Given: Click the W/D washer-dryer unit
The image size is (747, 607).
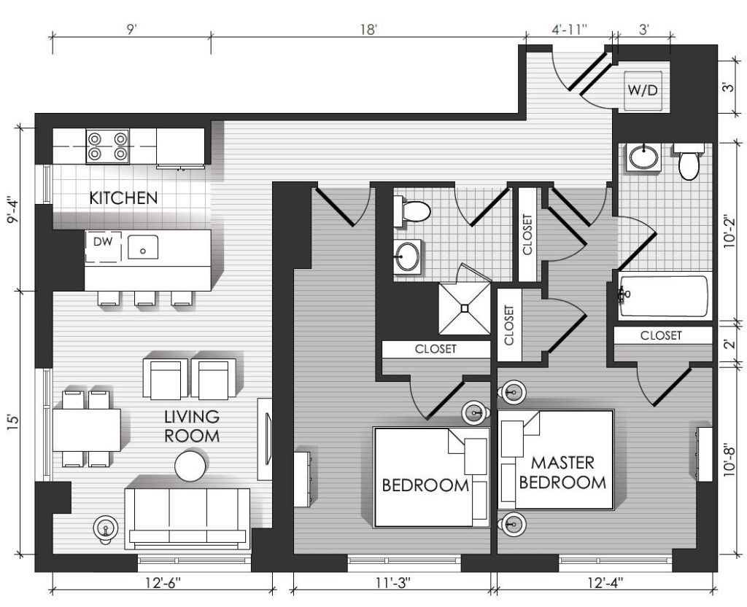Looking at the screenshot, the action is click(643, 91).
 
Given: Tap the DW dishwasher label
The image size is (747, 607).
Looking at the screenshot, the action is click(103, 242).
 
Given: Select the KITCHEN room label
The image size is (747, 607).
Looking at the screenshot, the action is click(123, 198).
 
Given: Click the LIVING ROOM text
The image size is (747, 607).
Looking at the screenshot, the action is click(192, 426).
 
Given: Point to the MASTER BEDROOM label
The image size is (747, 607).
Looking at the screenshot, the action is click(562, 472).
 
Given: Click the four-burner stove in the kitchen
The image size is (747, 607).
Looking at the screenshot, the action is click(108, 146).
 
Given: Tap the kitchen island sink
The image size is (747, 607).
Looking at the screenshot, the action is click(142, 247).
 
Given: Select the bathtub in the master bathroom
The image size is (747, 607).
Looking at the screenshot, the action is click(665, 296).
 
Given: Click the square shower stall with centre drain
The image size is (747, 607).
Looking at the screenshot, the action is click(465, 309).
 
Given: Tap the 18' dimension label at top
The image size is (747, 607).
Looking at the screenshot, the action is click(368, 29).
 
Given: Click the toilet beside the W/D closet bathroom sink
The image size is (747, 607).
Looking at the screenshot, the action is click(688, 162).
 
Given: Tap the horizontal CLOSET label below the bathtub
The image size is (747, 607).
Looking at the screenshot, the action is click(661, 335).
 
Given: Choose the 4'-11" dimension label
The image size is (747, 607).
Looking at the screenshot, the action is click(569, 29).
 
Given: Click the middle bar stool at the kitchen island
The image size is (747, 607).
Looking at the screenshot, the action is click(145, 299).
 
